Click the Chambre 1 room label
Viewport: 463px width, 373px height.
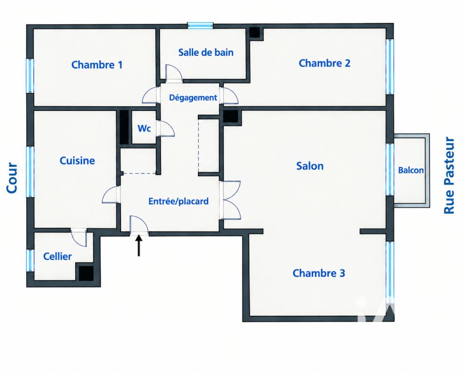pyautogui.click(x=97, y=64)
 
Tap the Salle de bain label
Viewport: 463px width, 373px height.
pyautogui.click(x=206, y=53)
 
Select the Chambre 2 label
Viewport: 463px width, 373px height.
pyautogui.click(x=324, y=63)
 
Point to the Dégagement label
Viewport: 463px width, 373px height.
pyautogui.click(x=193, y=97)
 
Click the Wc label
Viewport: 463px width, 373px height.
pyautogui.click(x=144, y=128)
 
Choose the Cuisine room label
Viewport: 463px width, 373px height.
pyautogui.click(x=77, y=160)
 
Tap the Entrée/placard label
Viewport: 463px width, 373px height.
pyautogui.click(x=178, y=201)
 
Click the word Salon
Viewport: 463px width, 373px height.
pyautogui.click(x=310, y=166)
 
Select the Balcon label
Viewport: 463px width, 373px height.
pyautogui.click(x=411, y=170)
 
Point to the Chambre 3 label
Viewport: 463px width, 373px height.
pyautogui.click(x=319, y=273)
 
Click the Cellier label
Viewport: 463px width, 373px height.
pyautogui.click(x=57, y=256)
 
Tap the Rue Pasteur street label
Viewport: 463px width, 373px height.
pyautogui.click(x=449, y=175)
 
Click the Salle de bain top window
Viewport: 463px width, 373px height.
pyautogui.click(x=201, y=26)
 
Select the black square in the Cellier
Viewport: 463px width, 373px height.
pyautogui.click(x=86, y=273)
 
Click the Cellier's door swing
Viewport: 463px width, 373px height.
pyautogui.click(x=79, y=238)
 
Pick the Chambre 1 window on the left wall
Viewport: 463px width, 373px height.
pyautogui.click(x=30, y=76)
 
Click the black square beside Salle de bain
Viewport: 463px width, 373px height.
pyautogui.click(x=254, y=33)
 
